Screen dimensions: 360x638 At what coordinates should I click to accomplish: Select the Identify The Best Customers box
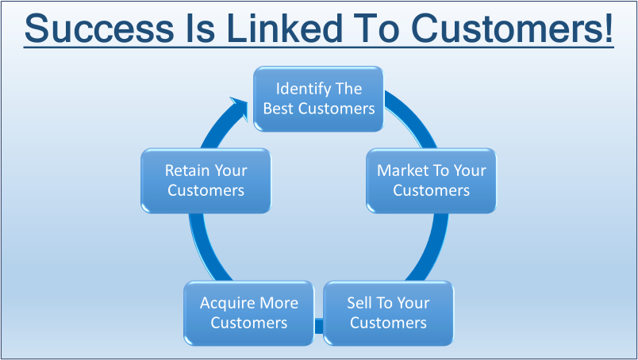(319, 98)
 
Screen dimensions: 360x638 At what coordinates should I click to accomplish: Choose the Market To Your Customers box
(431, 180)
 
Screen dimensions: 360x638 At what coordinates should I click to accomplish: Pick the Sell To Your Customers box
(388, 312)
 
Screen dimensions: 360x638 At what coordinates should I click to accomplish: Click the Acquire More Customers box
(249, 312)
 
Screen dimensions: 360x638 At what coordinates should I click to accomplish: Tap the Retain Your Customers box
(206, 180)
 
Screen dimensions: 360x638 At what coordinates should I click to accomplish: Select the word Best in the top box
(279, 108)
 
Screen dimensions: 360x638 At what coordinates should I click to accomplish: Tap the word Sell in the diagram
(359, 303)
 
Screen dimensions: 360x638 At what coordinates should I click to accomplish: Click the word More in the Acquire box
(279, 303)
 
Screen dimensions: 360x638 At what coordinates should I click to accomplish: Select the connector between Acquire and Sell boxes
(319, 324)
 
